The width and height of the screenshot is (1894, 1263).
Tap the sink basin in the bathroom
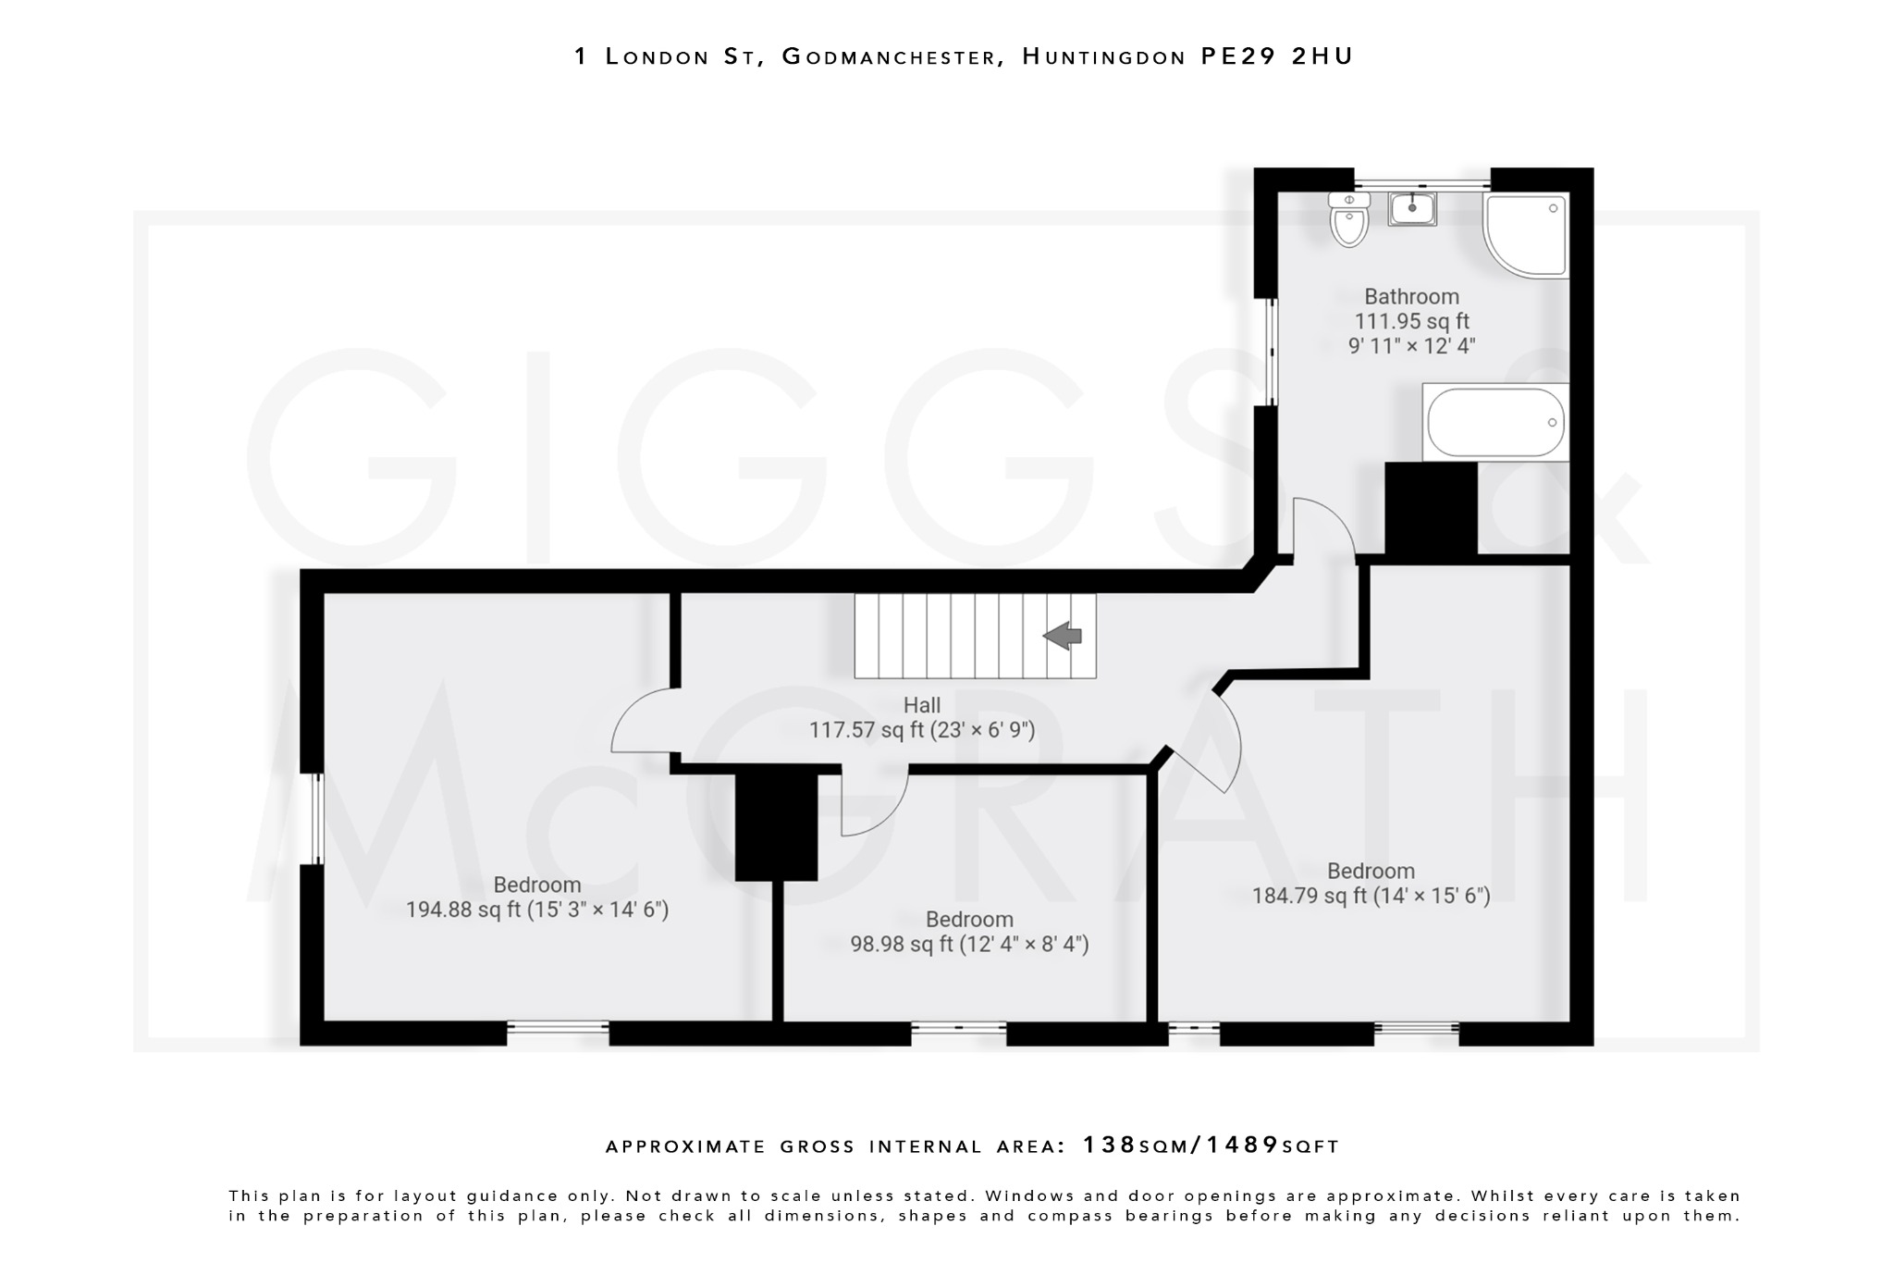(1411, 209)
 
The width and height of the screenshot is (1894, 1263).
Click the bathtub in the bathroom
(1495, 423)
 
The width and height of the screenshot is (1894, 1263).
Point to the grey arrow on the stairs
(1063, 636)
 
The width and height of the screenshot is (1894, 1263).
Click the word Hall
(922, 706)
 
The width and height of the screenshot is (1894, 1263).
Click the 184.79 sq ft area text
(1309, 897)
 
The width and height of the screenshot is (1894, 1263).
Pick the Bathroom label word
(1411, 297)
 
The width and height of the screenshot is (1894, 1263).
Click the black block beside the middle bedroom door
(776, 826)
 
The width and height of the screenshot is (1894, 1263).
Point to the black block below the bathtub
(1430, 509)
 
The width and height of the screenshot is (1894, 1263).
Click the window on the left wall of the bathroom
(1271, 352)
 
